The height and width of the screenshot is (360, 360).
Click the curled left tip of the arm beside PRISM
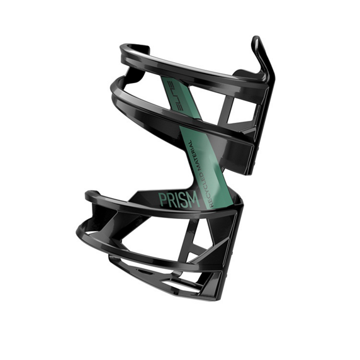click(90, 196)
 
